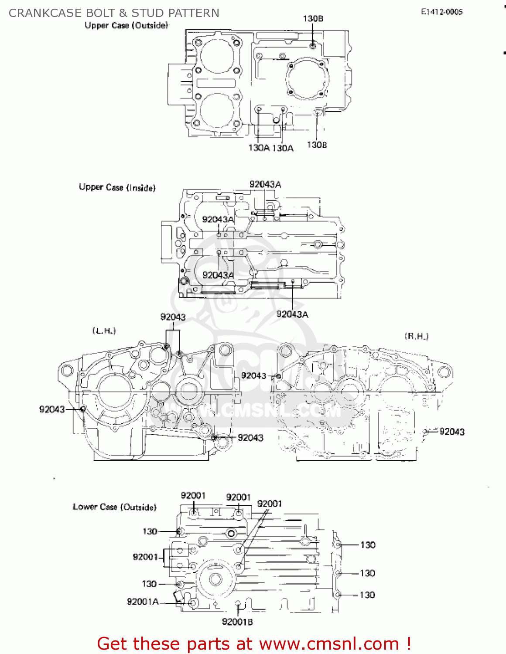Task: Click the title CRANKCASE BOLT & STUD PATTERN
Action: [x=114, y=13]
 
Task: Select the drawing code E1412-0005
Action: [x=441, y=12]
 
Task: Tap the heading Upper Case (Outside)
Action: [x=126, y=25]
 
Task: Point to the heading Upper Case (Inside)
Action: [x=117, y=187]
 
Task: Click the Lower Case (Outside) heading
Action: [x=114, y=507]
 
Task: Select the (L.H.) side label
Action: [x=104, y=330]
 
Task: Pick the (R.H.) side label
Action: [x=416, y=336]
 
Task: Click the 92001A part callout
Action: [x=143, y=602]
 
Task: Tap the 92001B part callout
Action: [x=237, y=622]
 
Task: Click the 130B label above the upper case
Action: [x=313, y=18]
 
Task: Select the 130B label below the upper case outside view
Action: [x=317, y=145]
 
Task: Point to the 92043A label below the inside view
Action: [x=292, y=314]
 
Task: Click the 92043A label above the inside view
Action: [x=265, y=184]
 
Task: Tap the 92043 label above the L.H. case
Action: [x=173, y=317]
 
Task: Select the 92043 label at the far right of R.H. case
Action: [x=452, y=432]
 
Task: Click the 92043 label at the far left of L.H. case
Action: [x=52, y=409]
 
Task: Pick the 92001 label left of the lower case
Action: [x=145, y=557]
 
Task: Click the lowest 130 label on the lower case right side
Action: [x=367, y=595]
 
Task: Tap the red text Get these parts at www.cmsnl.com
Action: [x=254, y=644]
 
